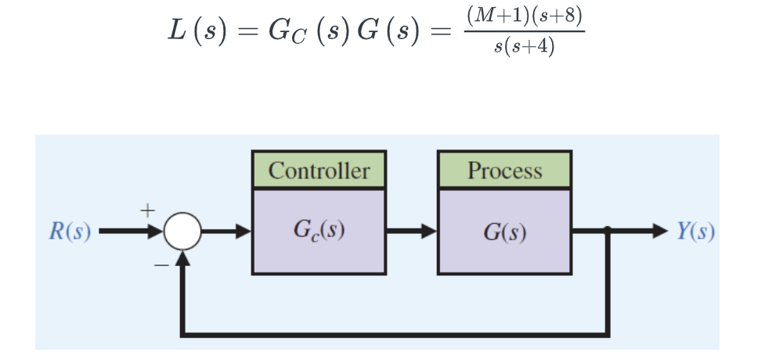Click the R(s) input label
pos(69,232)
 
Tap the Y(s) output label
pos(695,232)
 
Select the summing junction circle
pos(182,232)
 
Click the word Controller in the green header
pos(319,170)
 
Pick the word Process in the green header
pos(504,170)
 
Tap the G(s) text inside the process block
pos(504,232)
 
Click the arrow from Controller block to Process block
pos(411,232)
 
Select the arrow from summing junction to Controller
pos(227,232)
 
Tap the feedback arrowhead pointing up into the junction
pos(182,260)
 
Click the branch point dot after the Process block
pos(608,232)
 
